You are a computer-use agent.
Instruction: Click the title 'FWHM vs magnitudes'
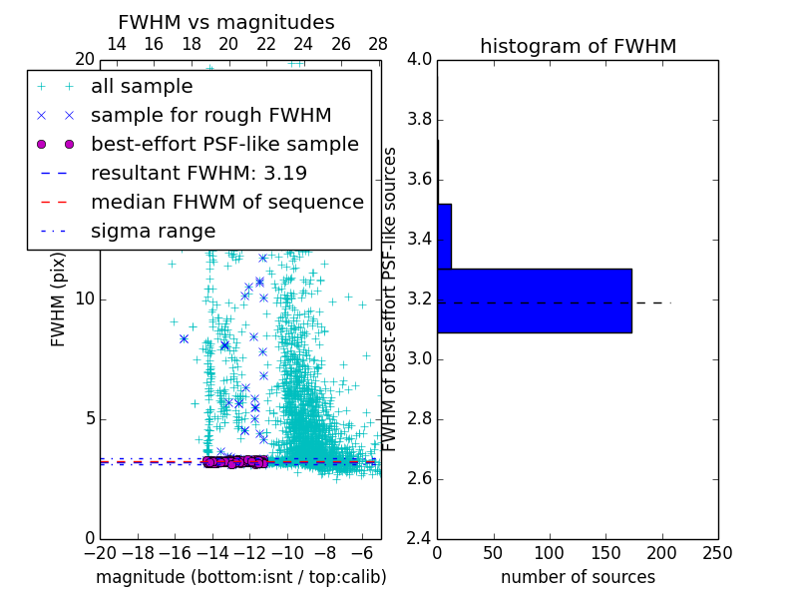pyautogui.click(x=226, y=22)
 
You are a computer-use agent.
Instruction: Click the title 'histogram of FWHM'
pyautogui.click(x=578, y=46)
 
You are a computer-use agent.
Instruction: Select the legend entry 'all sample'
pyautogui.click(x=142, y=87)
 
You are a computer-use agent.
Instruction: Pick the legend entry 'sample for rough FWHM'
pyautogui.click(x=210, y=116)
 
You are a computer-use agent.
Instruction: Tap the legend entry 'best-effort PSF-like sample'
pyautogui.click(x=224, y=145)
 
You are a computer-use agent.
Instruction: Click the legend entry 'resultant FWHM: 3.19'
pyautogui.click(x=199, y=174)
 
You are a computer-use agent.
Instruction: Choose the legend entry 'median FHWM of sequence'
pyautogui.click(x=226, y=203)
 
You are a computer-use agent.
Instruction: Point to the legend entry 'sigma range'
pyautogui.click(x=153, y=232)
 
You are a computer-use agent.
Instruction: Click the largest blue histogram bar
pyautogui.click(x=534, y=300)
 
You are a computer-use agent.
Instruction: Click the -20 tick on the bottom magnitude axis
pyautogui.click(x=100, y=552)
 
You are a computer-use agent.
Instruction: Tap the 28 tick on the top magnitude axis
pyautogui.click(x=378, y=44)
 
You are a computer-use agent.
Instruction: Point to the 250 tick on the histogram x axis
pyautogui.click(x=717, y=552)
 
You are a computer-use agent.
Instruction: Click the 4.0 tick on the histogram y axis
pyautogui.click(x=419, y=60)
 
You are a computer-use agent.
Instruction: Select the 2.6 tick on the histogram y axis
pyautogui.click(x=419, y=478)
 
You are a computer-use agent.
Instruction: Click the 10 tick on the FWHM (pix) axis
pyautogui.click(x=84, y=299)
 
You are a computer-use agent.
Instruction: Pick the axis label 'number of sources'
pyautogui.click(x=578, y=577)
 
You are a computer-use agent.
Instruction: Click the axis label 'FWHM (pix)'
pyautogui.click(x=59, y=299)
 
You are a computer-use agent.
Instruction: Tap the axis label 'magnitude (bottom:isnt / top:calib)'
pyautogui.click(x=240, y=577)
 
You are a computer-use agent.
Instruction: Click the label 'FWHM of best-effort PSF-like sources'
pyautogui.click(x=391, y=299)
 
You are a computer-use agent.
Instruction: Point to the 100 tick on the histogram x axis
pyautogui.click(x=550, y=552)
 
